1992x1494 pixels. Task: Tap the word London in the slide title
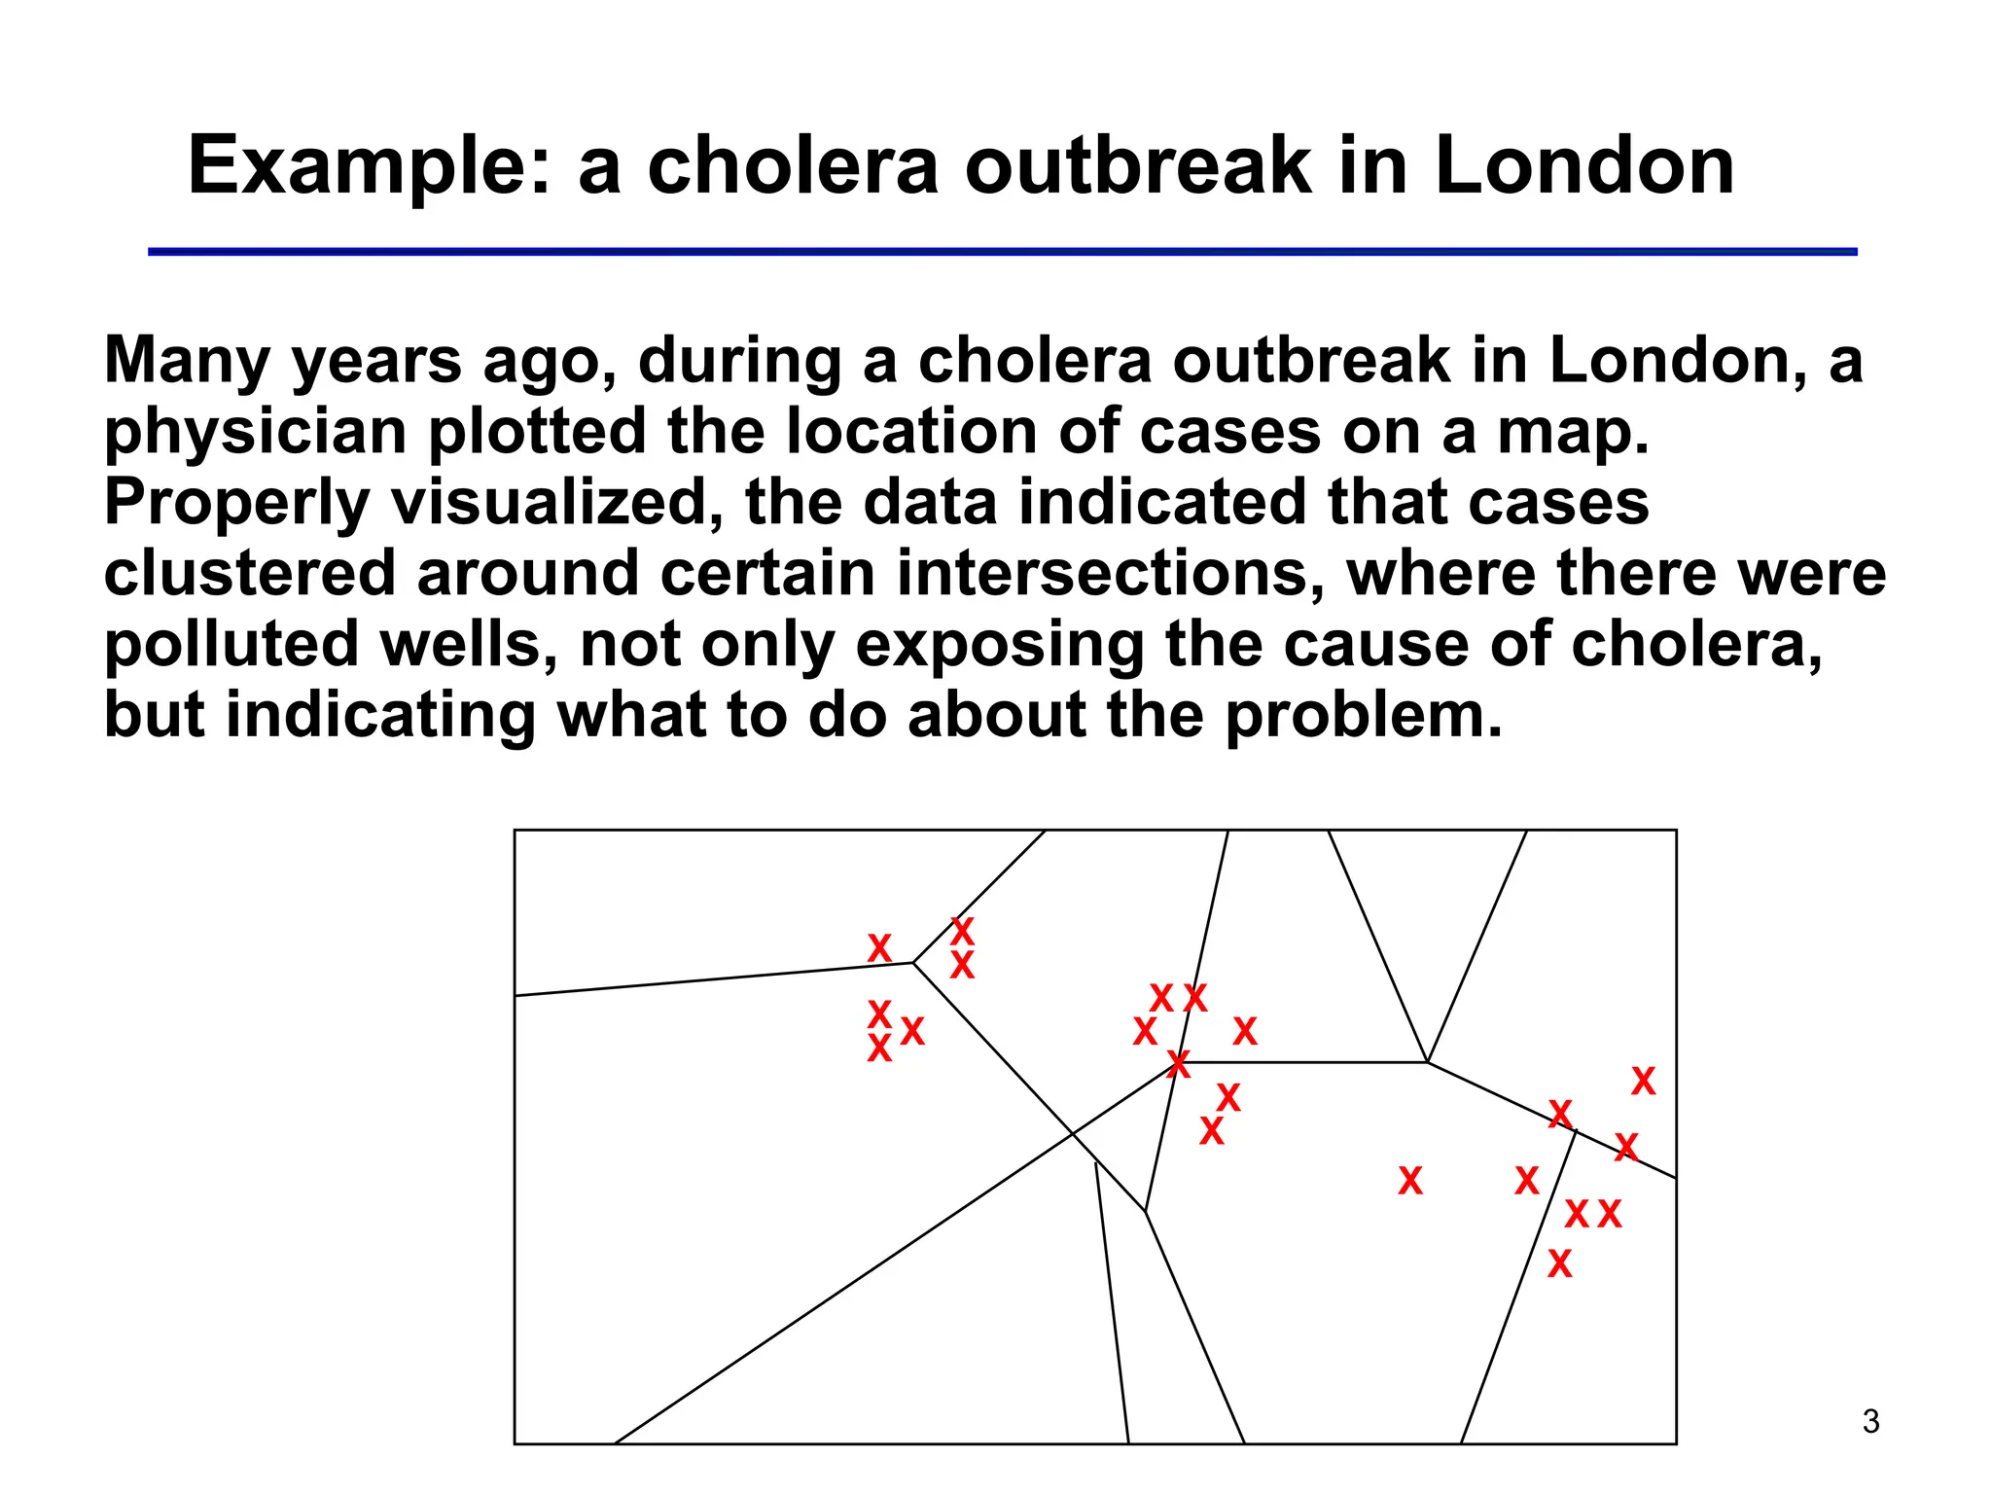pyautogui.click(x=1583, y=165)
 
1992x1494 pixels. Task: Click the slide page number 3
pyautogui.click(x=1870, y=1422)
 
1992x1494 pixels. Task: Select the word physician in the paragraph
pyautogui.click(x=255, y=433)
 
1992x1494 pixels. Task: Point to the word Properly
pyautogui.click(x=236, y=504)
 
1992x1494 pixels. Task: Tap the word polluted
pyautogui.click(x=231, y=645)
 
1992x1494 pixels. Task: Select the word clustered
pyautogui.click(x=250, y=573)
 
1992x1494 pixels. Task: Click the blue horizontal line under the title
pyautogui.click(x=1002, y=252)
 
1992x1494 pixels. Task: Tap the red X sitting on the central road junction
pyautogui.click(x=1178, y=1064)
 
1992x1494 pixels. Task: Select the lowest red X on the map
pyautogui.click(x=1559, y=1263)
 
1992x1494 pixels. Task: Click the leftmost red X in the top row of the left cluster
pyautogui.click(x=879, y=947)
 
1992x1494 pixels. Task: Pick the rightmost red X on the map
pyautogui.click(x=1643, y=1081)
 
